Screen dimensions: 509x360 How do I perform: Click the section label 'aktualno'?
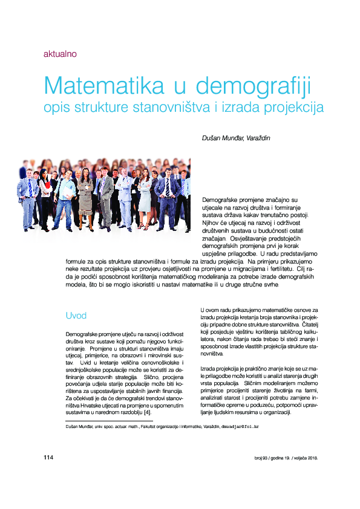coord(59,54)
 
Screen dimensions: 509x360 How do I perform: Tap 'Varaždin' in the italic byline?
coord(258,138)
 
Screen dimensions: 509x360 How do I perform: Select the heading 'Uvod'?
coord(76,316)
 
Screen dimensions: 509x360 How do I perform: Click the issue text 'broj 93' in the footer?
coord(247,458)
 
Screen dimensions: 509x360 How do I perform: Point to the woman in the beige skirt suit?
coord(85,196)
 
